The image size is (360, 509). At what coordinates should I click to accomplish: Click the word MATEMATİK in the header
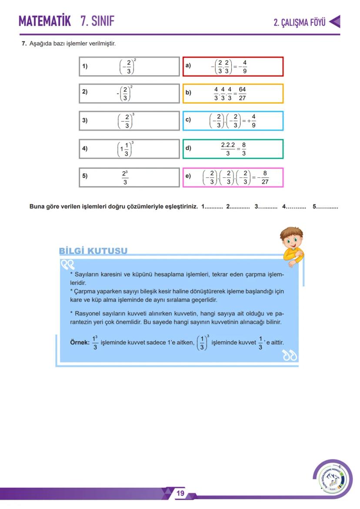[44, 21]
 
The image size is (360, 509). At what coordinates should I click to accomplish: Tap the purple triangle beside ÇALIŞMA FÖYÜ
[334, 22]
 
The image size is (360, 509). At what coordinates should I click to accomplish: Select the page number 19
[180, 493]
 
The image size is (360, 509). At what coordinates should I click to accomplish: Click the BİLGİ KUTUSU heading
[93, 251]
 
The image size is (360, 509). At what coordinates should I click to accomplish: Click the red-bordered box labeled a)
[233, 67]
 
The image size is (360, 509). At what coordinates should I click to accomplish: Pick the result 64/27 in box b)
[242, 93]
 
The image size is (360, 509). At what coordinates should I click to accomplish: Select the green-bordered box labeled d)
[233, 149]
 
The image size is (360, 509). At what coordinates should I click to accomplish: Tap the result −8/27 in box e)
[264, 177]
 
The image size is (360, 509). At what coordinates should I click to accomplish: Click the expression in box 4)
[127, 149]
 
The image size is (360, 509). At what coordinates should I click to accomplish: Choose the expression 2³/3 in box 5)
[125, 177]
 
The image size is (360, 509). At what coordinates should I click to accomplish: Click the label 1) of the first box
[85, 67]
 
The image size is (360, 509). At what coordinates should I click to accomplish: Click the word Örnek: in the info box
[80, 343]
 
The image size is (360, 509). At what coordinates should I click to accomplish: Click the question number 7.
[24, 44]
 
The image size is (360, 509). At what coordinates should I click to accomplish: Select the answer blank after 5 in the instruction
[327, 206]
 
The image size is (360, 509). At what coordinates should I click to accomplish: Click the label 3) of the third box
[85, 121]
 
